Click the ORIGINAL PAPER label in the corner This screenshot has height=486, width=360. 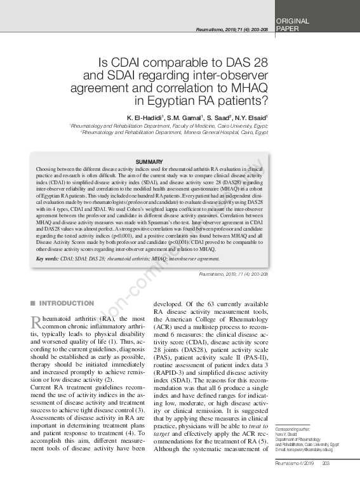[x=293, y=25]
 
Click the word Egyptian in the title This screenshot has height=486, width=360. [x=169, y=100]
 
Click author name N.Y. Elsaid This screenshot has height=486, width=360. [x=250, y=118]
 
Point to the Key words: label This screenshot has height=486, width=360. [x=48, y=259]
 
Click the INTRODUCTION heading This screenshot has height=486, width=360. [x=67, y=303]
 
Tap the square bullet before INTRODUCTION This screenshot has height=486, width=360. [x=33, y=303]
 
